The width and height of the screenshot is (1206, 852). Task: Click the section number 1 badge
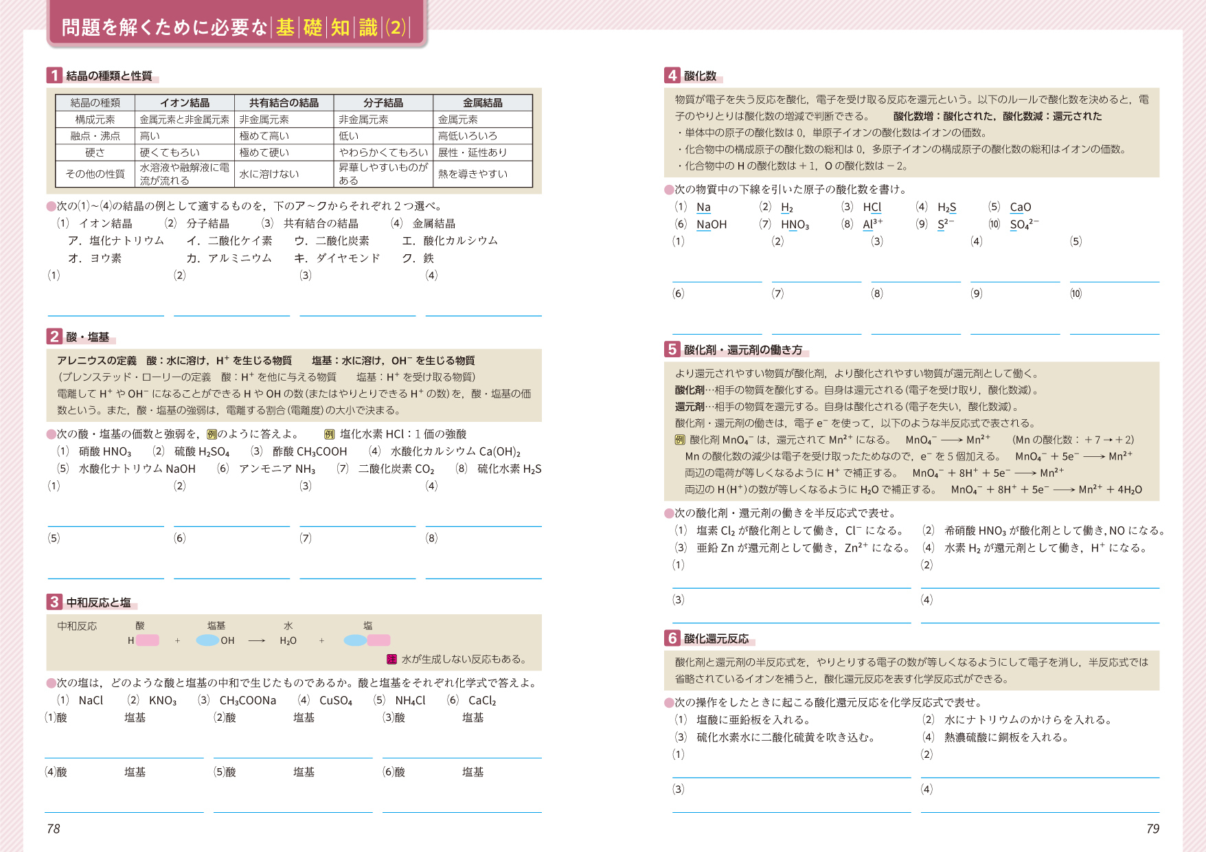(54, 75)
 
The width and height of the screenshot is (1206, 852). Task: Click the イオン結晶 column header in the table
(185, 103)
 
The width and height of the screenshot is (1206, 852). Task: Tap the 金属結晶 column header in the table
(482, 103)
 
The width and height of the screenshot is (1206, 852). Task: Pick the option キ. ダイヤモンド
(337, 258)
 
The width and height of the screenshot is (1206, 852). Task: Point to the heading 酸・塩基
(88, 337)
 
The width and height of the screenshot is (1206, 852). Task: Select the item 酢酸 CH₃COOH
(299, 451)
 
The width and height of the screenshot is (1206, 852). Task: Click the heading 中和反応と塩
(98, 603)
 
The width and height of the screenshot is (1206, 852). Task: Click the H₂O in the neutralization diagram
(288, 640)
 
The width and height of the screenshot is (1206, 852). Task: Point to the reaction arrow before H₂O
(256, 640)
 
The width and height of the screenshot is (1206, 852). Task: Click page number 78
(54, 829)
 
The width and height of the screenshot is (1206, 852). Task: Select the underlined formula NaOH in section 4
(712, 225)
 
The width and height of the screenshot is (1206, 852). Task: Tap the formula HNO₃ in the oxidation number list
(795, 225)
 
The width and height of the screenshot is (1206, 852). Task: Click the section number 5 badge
(672, 350)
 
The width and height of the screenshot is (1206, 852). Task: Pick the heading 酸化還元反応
(716, 639)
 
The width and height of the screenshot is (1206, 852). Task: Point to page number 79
(1152, 829)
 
